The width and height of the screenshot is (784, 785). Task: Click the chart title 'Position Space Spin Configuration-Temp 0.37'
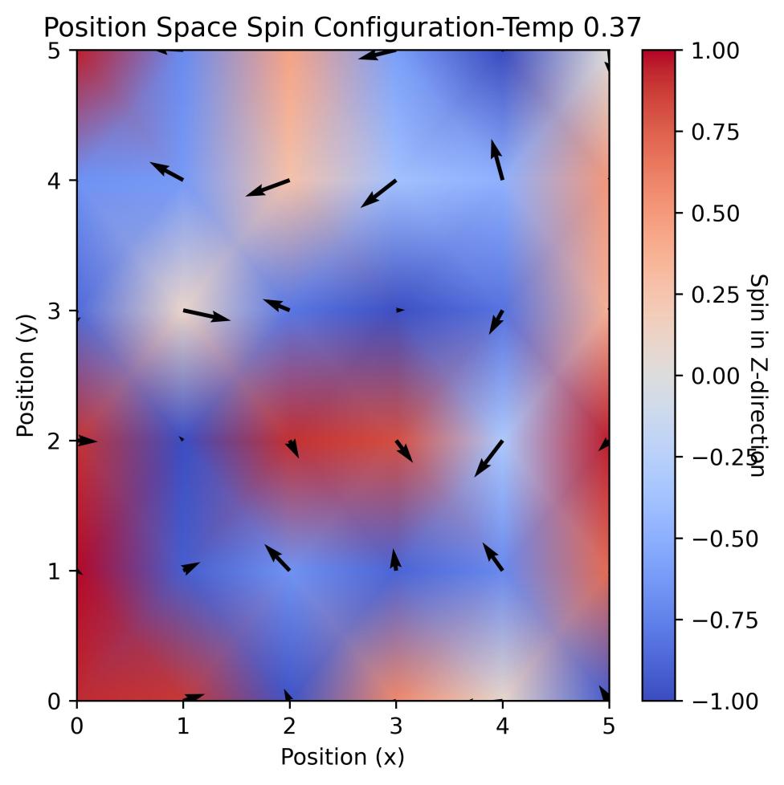tap(342, 27)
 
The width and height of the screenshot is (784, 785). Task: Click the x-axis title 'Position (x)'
tap(342, 756)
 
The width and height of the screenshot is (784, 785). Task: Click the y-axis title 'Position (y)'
tap(26, 376)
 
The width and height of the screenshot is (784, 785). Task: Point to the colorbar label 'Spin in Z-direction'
tap(757, 376)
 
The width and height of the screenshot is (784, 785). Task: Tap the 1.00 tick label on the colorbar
tap(714, 51)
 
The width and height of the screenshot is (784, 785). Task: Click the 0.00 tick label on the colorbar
tap(714, 376)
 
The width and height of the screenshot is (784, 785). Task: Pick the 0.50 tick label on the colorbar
tap(714, 214)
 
